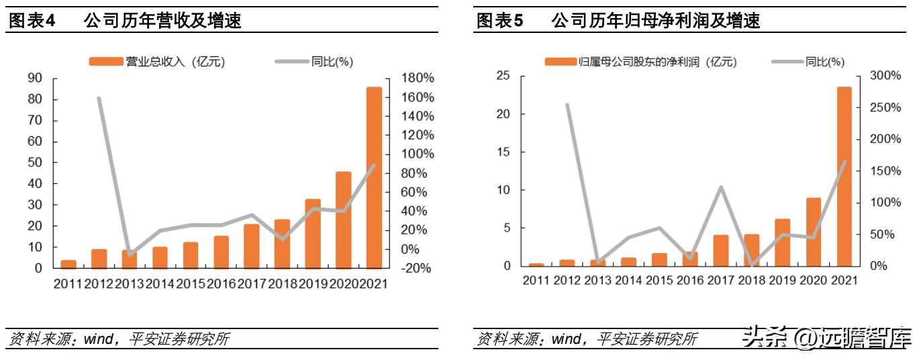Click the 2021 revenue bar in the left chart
(x=374, y=178)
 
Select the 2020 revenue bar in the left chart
(x=344, y=220)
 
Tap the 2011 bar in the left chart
(x=68, y=265)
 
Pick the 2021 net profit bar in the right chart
(x=844, y=177)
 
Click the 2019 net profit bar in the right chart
(x=783, y=242)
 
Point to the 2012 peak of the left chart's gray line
(x=99, y=98)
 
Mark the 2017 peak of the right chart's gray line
(x=721, y=187)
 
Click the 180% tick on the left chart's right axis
(x=418, y=78)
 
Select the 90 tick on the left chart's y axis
(x=35, y=78)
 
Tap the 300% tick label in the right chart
(x=885, y=75)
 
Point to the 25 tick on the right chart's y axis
(x=503, y=75)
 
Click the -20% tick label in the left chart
(x=416, y=269)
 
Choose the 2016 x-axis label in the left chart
(x=222, y=283)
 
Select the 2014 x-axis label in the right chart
(x=628, y=281)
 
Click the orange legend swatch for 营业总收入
(x=106, y=61)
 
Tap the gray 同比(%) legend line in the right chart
(x=787, y=62)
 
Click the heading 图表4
(x=32, y=20)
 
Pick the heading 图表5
(x=500, y=20)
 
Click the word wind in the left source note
(x=99, y=339)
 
